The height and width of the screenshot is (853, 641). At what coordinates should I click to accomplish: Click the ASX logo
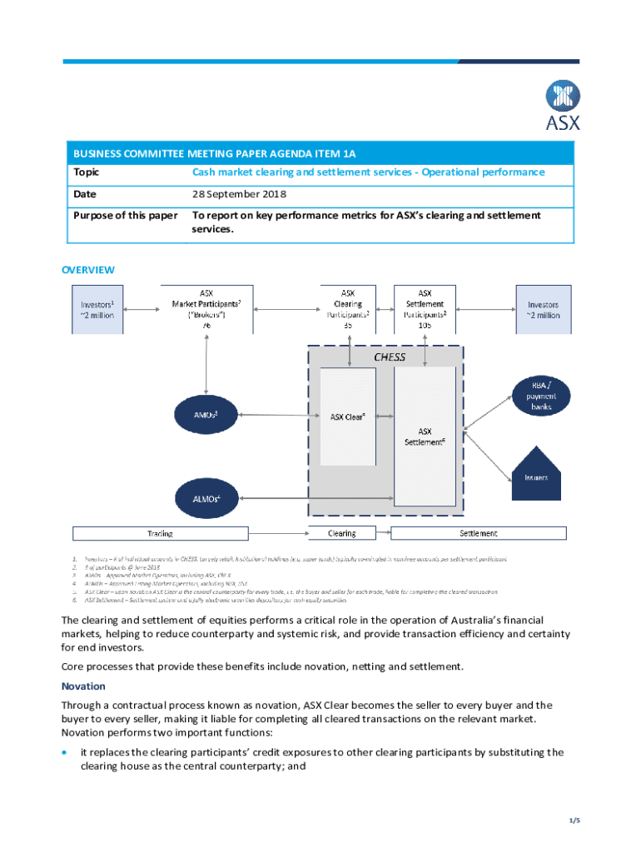[x=562, y=105]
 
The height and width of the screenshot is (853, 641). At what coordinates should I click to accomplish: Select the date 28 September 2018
[x=239, y=194]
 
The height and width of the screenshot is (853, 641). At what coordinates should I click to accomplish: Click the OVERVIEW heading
[x=88, y=270]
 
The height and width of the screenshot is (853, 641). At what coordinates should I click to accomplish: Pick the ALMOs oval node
[x=204, y=498]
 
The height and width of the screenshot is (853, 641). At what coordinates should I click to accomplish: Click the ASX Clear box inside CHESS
[x=347, y=417]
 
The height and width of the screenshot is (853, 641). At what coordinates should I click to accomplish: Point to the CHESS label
[x=390, y=357]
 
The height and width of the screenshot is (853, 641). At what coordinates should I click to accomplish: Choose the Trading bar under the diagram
[x=161, y=533]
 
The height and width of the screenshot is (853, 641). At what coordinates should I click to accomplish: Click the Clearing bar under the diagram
[x=341, y=533]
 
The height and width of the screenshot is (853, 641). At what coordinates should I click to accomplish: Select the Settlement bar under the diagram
[x=478, y=533]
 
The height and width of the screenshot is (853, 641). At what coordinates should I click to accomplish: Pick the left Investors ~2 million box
[x=97, y=310]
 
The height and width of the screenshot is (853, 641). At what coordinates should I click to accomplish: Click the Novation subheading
[x=83, y=686]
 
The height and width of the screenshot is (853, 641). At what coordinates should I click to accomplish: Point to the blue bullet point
[x=66, y=752]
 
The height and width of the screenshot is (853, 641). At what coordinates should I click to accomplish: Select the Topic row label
[x=86, y=172]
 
